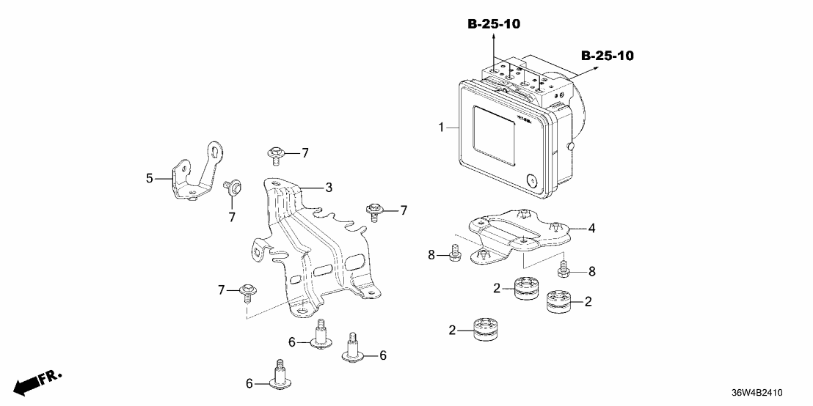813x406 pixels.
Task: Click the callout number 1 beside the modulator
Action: (x=441, y=128)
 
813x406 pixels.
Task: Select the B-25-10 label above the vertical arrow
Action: (x=494, y=24)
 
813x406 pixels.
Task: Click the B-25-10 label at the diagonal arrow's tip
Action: (x=607, y=56)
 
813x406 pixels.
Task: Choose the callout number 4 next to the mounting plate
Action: (x=591, y=228)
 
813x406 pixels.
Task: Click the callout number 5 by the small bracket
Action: (x=150, y=177)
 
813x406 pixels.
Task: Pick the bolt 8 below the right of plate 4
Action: (x=564, y=270)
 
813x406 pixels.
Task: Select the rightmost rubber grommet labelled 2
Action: (x=560, y=300)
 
